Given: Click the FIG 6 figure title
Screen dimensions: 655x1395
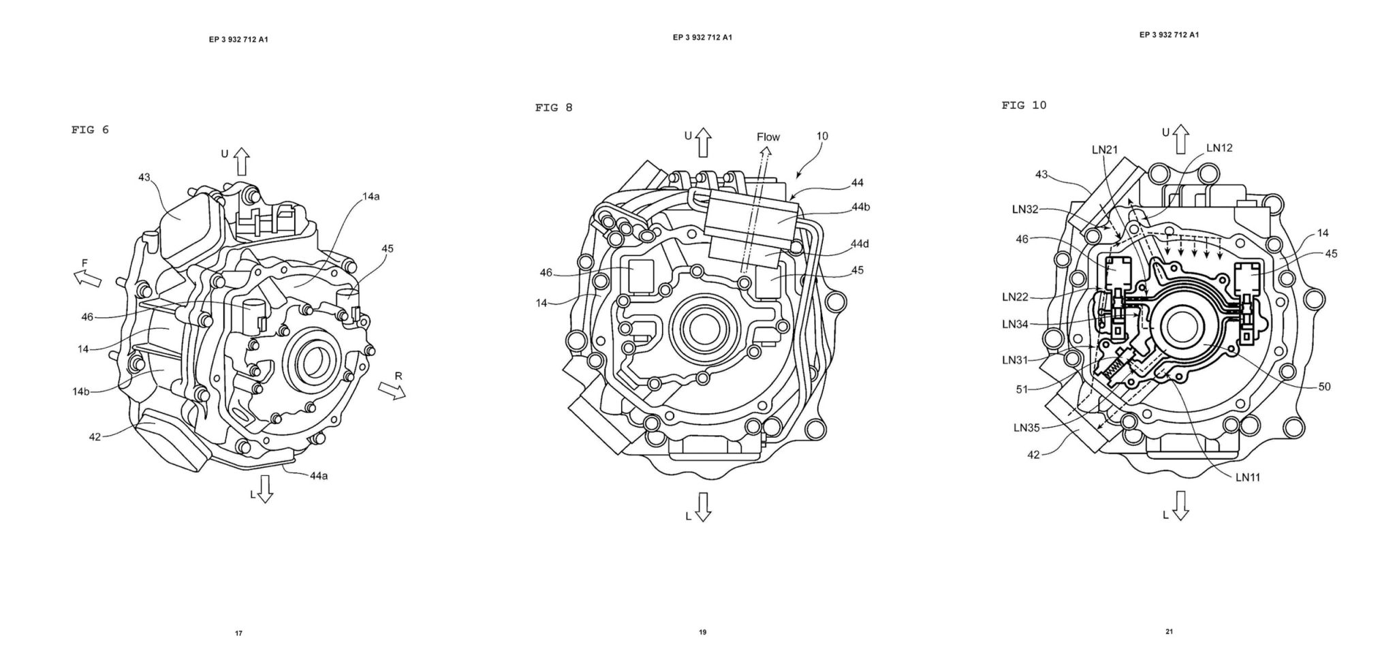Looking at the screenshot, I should click(90, 130).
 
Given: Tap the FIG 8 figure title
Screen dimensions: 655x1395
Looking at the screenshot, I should click(554, 108).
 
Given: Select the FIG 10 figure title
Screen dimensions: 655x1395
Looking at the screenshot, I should click(1024, 105).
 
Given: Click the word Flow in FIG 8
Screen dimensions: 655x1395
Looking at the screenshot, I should click(768, 137).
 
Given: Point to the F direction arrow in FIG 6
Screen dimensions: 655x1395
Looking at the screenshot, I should click(87, 276).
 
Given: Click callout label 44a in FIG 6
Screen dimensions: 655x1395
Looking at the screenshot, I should click(319, 476).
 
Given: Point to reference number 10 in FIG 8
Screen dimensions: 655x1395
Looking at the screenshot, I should click(822, 136).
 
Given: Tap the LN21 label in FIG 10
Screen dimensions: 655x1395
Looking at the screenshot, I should click(1105, 150).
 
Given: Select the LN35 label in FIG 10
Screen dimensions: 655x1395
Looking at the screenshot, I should click(1026, 428).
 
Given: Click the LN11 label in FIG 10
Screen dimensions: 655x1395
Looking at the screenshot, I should click(1248, 477).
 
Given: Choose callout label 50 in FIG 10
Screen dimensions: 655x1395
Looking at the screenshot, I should click(1324, 387).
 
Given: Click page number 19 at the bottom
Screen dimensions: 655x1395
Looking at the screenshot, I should click(702, 633).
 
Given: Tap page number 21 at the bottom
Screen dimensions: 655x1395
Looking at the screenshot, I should click(1169, 631).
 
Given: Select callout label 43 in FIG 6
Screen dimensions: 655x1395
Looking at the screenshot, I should click(144, 178).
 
